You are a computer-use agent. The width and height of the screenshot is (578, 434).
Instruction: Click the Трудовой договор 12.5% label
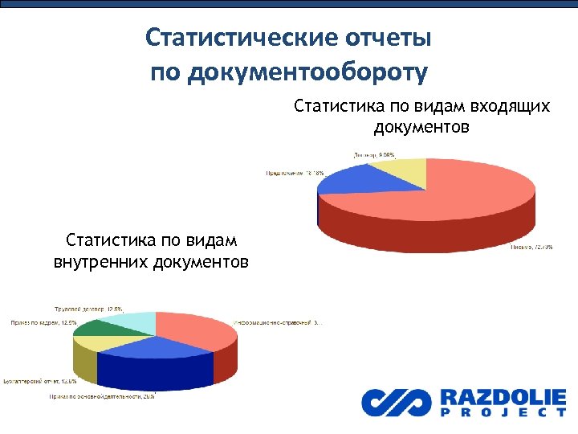pyautogui.click(x=88, y=308)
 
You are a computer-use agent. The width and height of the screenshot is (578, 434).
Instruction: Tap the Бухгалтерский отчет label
pyautogui.click(x=40, y=381)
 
